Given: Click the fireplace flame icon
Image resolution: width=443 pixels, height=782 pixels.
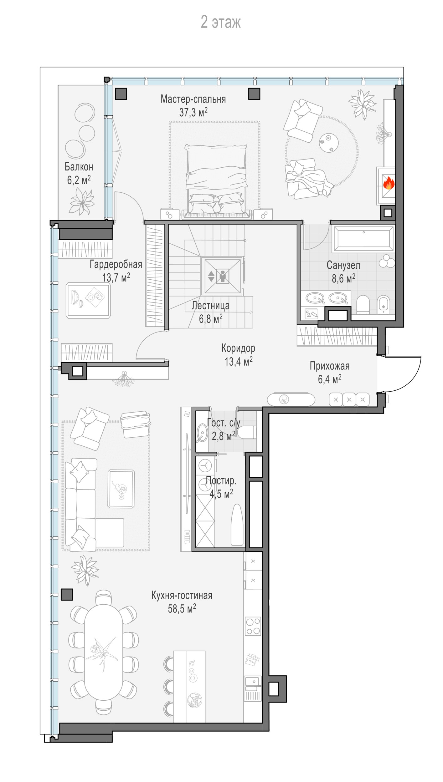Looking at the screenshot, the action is (388, 183).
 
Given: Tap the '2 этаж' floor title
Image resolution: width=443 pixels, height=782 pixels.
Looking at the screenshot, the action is (221, 22).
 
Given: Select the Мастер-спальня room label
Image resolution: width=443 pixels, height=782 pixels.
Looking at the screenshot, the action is (193, 99).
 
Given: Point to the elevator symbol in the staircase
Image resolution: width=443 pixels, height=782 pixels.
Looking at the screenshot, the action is (222, 276).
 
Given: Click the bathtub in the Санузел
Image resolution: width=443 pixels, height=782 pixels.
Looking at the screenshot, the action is (363, 239).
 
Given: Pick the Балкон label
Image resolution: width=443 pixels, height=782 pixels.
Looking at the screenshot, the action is (79, 167).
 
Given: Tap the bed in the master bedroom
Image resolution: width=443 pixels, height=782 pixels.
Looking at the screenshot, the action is (216, 180).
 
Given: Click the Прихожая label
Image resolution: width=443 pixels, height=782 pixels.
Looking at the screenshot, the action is (330, 366).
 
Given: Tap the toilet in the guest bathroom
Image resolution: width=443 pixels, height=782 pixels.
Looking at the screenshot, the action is (247, 433).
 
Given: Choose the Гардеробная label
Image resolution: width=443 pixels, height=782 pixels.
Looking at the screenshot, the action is (116, 264).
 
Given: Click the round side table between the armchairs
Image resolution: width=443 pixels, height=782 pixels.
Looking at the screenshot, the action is (329, 143).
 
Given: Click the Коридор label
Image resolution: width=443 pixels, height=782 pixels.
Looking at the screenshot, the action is (238, 348).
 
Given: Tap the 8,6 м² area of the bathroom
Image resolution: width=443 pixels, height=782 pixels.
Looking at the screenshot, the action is (343, 278).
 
